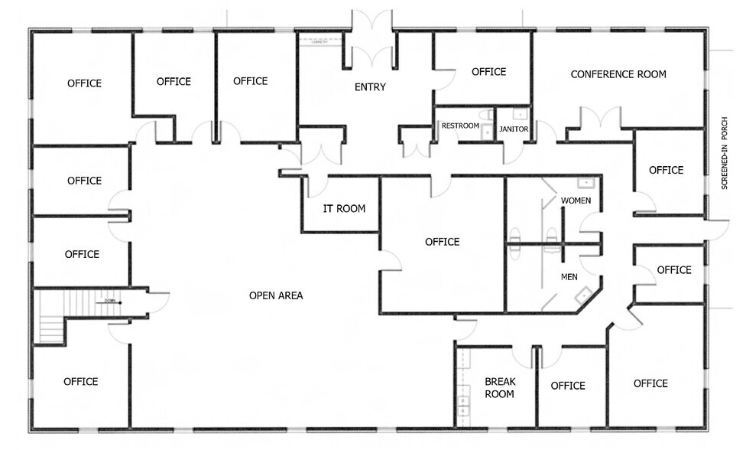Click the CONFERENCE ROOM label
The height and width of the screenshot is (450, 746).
(618, 74)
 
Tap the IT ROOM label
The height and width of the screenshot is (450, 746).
(344, 208)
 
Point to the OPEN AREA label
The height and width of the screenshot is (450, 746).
(276, 295)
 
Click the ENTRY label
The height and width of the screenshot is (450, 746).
(370, 87)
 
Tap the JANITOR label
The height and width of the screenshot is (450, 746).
(513, 129)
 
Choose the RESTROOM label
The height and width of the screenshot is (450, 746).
(460, 126)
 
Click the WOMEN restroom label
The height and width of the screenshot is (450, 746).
(576, 201)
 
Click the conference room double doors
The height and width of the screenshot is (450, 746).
(600, 121)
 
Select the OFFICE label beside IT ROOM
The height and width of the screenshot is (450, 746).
(442, 242)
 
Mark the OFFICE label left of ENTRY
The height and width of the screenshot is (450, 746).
(250, 81)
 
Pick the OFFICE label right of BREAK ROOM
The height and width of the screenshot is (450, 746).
(568, 386)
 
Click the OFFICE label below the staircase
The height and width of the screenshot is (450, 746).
(80, 381)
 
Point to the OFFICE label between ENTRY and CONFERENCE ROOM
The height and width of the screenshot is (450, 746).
(488, 72)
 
